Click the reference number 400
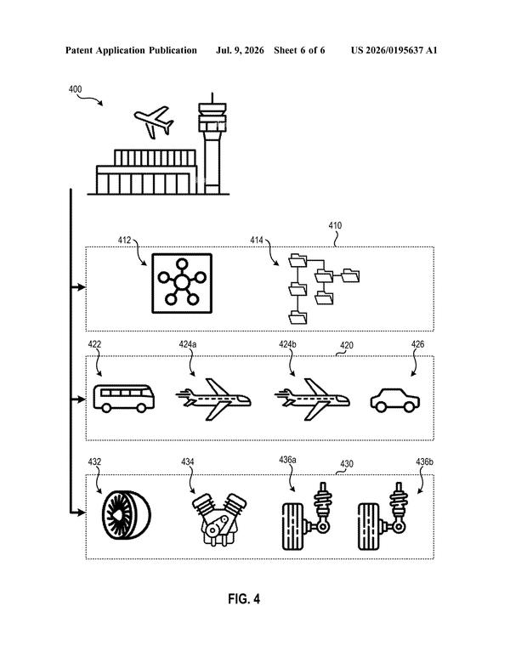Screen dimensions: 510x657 click(75, 89)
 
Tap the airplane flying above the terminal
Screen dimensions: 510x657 click(153, 122)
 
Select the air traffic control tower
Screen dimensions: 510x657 click(212, 144)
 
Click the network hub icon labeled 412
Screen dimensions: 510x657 click(182, 283)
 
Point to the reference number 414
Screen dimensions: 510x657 click(257, 240)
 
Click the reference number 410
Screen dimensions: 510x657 click(335, 225)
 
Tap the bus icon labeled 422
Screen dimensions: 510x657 click(123, 399)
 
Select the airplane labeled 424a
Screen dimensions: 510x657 click(213, 399)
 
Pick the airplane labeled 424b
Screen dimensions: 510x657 click(312, 399)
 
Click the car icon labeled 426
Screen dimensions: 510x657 click(394, 400)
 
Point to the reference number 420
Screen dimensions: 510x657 click(347, 345)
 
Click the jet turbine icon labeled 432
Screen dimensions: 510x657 click(126, 514)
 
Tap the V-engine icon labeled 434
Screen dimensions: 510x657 click(219, 519)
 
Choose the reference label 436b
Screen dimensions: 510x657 click(424, 462)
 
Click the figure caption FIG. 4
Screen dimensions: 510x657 click(244, 598)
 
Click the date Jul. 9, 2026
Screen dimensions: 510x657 click(240, 51)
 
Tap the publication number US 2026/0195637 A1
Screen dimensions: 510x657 click(394, 51)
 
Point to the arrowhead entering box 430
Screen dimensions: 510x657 click(82, 513)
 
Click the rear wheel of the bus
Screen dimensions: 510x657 click(141, 408)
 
